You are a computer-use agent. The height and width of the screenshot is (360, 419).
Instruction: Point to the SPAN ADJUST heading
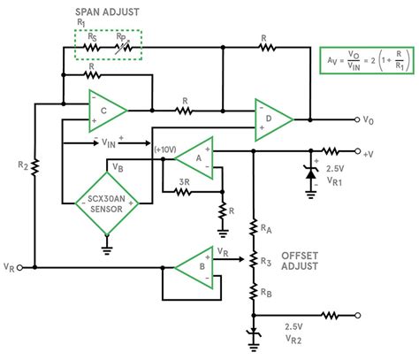click(x=107, y=12)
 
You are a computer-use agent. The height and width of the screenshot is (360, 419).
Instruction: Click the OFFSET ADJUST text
click(x=300, y=261)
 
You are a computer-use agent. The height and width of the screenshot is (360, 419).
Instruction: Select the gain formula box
click(x=367, y=60)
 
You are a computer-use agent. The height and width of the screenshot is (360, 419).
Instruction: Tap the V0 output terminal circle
click(x=357, y=119)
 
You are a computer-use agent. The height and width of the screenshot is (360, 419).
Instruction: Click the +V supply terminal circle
click(x=357, y=151)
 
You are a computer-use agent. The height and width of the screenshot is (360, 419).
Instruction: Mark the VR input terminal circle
click(x=19, y=267)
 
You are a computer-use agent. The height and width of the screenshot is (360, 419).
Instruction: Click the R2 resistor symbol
click(x=34, y=167)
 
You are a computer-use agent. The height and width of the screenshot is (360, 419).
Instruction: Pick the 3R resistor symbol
click(x=183, y=192)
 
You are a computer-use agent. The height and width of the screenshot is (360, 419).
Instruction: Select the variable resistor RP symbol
click(x=124, y=48)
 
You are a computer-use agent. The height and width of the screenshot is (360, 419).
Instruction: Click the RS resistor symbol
click(x=91, y=47)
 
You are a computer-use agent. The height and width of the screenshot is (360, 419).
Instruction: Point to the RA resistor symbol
click(x=254, y=227)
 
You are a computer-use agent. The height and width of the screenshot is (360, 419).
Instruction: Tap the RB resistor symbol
click(x=254, y=291)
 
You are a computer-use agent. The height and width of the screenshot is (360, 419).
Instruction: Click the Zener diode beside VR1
click(x=310, y=173)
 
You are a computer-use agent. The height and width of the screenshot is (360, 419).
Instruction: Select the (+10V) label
click(x=165, y=149)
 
